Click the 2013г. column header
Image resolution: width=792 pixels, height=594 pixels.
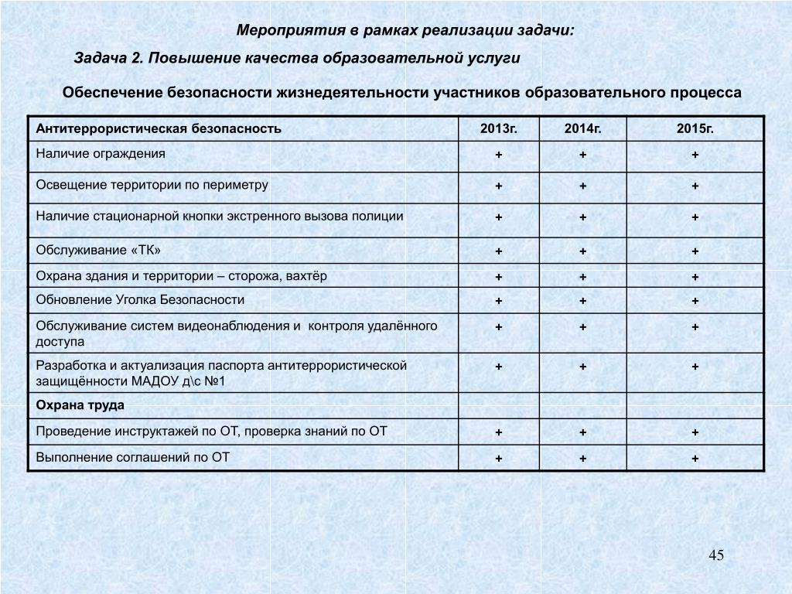point(499,128)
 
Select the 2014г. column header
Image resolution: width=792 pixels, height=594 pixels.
point(582,128)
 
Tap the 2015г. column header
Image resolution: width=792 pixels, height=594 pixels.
point(695,128)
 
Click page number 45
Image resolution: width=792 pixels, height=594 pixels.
point(715,555)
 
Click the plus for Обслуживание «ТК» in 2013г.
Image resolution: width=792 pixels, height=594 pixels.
point(499,251)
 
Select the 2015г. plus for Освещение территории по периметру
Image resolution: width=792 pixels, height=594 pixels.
point(695,186)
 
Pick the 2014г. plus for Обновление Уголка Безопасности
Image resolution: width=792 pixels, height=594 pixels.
point(582,301)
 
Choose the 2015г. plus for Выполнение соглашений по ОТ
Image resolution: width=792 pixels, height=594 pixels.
point(695,459)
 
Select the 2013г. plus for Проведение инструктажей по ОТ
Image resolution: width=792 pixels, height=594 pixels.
point(499,432)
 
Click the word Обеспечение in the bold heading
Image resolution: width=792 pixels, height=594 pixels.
point(112,93)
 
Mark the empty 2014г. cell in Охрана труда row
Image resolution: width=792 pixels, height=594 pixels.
point(582,405)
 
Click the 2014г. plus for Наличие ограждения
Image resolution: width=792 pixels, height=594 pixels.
point(582,155)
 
